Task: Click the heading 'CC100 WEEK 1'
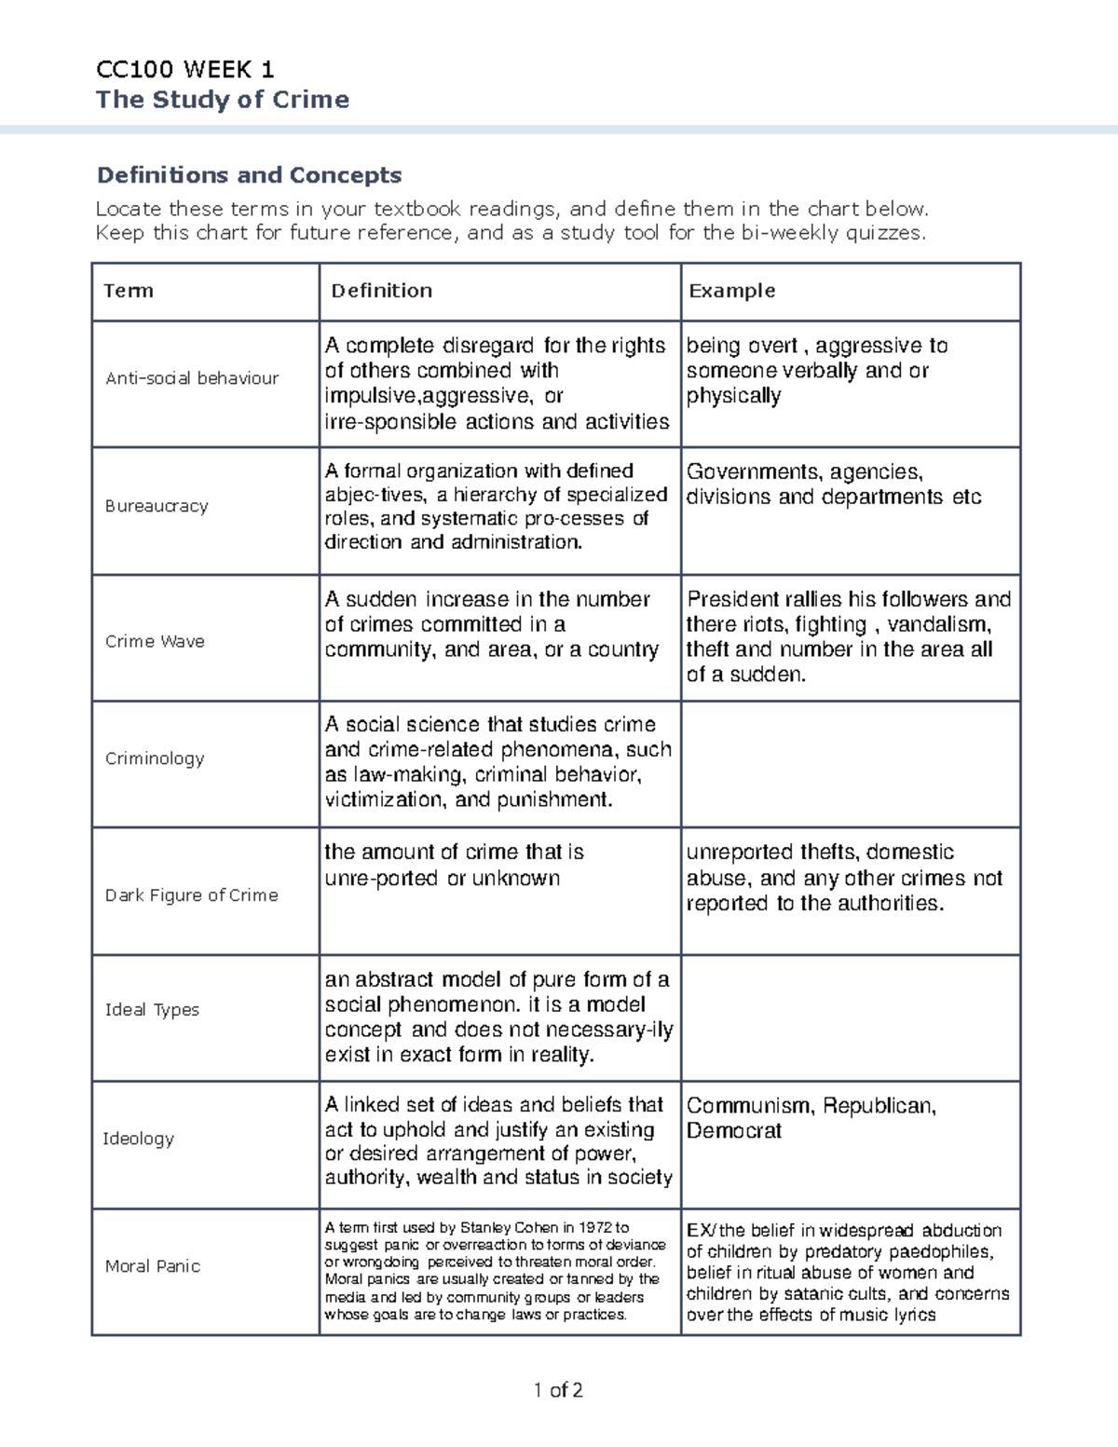[x=184, y=69]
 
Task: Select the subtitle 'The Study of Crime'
[x=223, y=100]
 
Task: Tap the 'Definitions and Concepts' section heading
[x=250, y=175]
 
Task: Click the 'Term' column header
[x=129, y=291]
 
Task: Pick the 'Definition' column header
[x=382, y=291]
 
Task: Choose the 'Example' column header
[x=731, y=291]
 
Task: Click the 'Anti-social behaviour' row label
[x=192, y=378]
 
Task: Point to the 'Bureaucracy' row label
[x=156, y=506]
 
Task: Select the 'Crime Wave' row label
[x=155, y=641]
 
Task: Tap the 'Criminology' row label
[x=154, y=758]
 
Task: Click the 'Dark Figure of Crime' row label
[x=191, y=895]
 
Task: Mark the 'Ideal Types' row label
[x=152, y=1010]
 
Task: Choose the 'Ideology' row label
[x=138, y=1139]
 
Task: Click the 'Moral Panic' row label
[x=152, y=1266]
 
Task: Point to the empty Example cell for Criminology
[x=850, y=763]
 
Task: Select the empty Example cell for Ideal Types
[x=850, y=1017]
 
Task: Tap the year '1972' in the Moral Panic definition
[x=597, y=1228]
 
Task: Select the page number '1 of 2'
[x=558, y=1391]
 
